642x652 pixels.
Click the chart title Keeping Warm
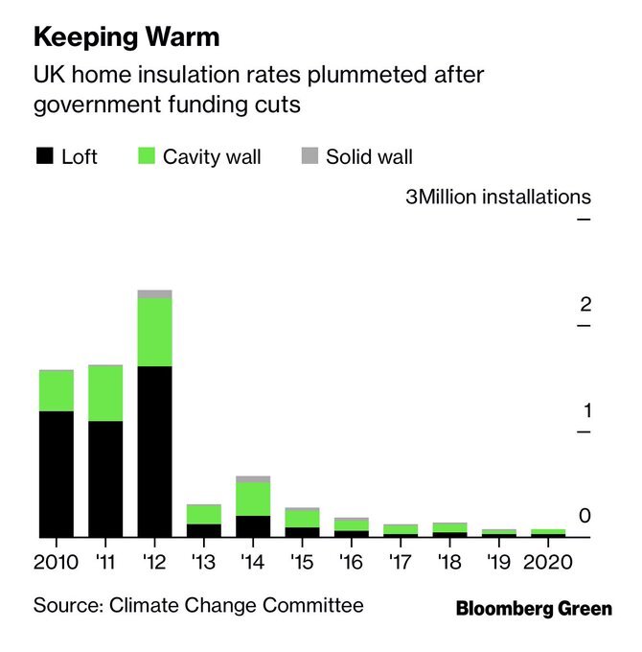(x=126, y=38)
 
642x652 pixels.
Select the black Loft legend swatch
(x=44, y=156)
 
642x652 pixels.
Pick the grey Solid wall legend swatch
(x=309, y=156)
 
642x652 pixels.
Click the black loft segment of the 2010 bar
(x=57, y=474)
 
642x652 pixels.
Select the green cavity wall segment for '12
(x=155, y=332)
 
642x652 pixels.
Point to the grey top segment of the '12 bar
(x=155, y=294)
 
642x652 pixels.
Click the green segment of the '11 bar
(x=105, y=393)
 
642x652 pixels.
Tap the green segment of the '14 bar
(x=253, y=499)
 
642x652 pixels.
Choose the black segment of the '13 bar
(x=204, y=530)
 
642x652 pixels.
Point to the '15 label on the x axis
(x=302, y=561)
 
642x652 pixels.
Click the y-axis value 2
(x=585, y=305)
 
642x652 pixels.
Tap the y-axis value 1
(x=585, y=411)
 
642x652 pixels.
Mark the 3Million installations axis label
(x=498, y=198)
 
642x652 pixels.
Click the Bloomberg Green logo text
(x=534, y=609)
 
